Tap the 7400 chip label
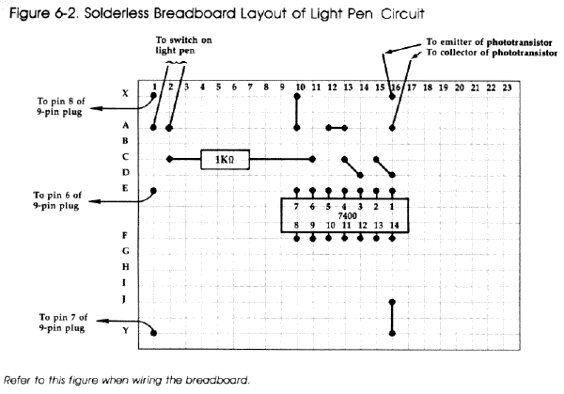pyautogui.click(x=345, y=216)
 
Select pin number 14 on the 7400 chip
pyautogui.click(x=393, y=226)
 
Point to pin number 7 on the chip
pyautogui.click(x=297, y=206)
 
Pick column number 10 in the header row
pyautogui.click(x=298, y=87)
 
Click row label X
pyautogui.click(x=126, y=94)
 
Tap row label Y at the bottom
pyautogui.click(x=126, y=331)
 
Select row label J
pyautogui.click(x=126, y=299)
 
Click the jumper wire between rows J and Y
pyautogui.click(x=393, y=316)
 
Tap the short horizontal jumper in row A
pyautogui.click(x=337, y=128)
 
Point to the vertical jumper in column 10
pyautogui.click(x=298, y=111)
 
